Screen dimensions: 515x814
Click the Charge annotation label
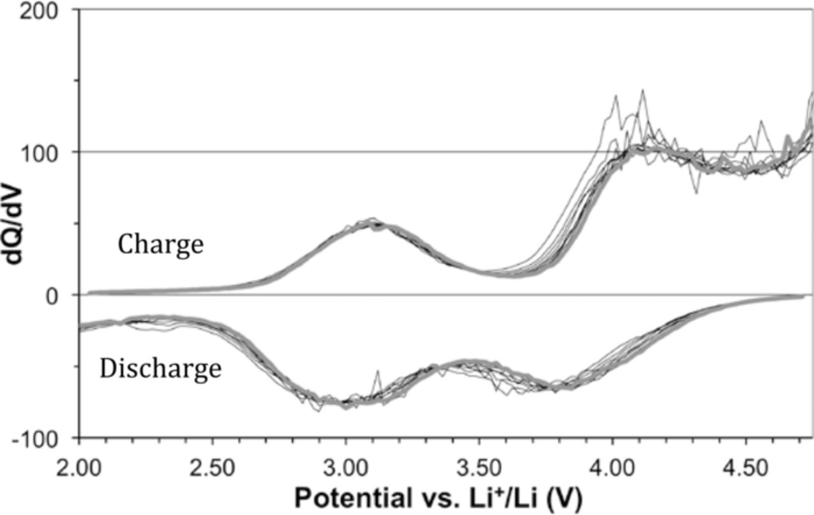click(160, 245)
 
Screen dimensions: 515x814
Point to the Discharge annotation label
click(160, 369)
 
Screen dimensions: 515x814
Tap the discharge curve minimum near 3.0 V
click(343, 402)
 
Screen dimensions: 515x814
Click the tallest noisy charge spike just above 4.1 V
click(643, 91)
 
